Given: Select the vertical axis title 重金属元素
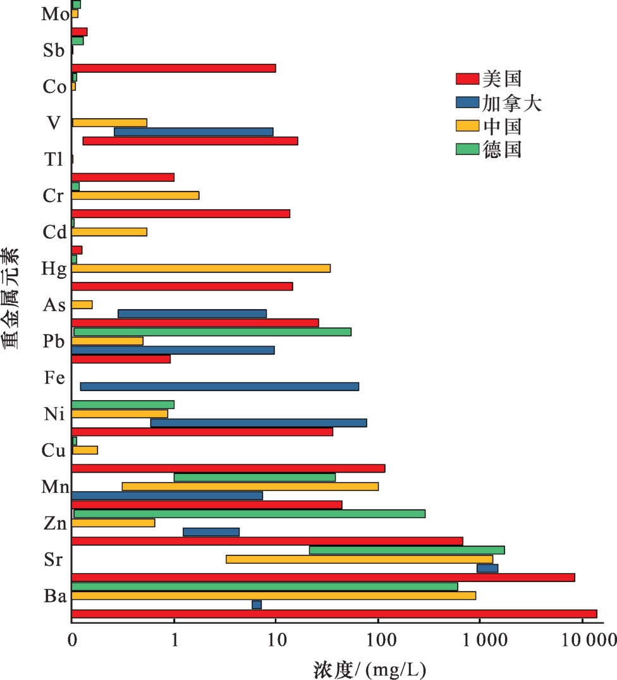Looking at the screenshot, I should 11,299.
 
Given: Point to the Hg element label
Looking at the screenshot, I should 53,269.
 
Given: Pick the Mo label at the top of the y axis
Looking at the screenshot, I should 55,15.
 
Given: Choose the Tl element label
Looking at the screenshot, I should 54,160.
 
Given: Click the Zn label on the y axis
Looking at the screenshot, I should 54,524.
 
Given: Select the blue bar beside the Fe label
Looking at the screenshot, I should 219,387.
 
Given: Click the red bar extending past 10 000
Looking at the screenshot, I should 334,614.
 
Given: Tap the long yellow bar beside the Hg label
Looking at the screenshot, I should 201,268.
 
